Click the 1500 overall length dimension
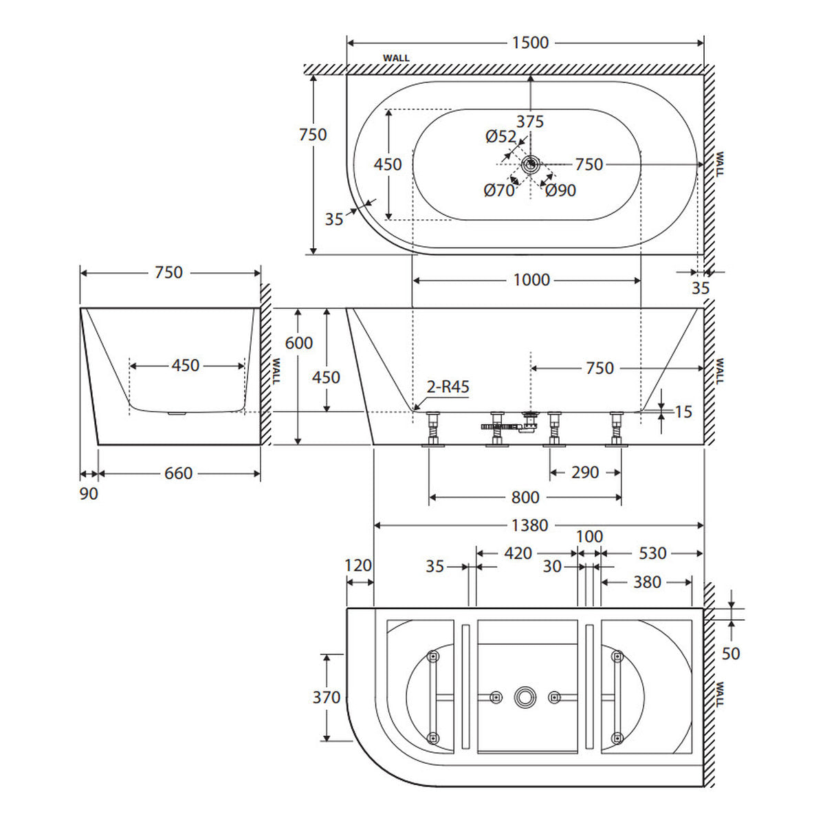(x=530, y=43)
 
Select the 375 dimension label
(x=529, y=122)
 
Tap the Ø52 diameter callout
(x=500, y=137)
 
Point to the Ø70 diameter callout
(x=498, y=190)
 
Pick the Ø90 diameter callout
(x=560, y=190)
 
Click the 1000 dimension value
(x=531, y=280)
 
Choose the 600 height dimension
(x=299, y=343)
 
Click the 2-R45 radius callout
(x=448, y=387)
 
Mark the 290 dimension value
(x=585, y=472)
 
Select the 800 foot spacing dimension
(x=525, y=497)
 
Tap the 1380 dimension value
(x=530, y=525)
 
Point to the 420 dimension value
(x=518, y=553)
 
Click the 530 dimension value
(x=652, y=553)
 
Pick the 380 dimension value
(x=648, y=582)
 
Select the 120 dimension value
(x=358, y=566)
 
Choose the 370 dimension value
(x=327, y=697)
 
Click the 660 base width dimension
(x=179, y=473)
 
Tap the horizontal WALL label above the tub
(x=395, y=58)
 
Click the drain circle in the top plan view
(x=531, y=164)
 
